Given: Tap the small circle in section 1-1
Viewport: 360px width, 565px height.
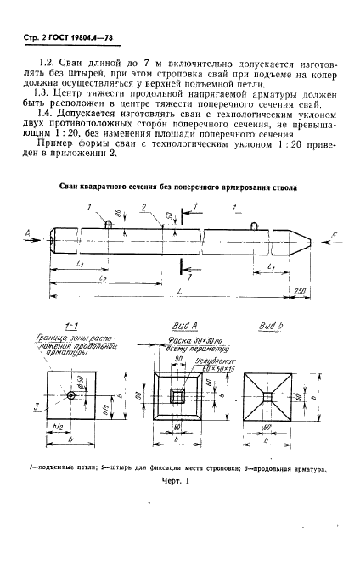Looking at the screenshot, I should (x=71, y=396).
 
